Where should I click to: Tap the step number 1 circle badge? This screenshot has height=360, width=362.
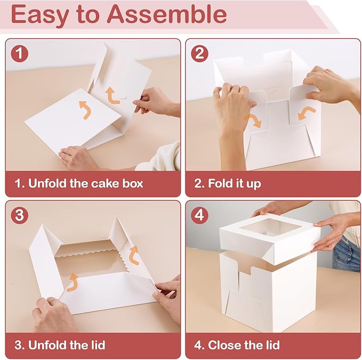(20, 54)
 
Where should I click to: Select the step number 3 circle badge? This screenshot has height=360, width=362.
(20, 216)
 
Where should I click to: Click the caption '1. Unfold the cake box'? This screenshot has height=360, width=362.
(78, 184)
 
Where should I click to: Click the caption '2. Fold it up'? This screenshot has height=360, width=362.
(228, 184)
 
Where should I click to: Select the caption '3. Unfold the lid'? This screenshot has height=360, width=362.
(60, 345)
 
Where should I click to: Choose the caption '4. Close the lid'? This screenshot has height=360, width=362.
(237, 345)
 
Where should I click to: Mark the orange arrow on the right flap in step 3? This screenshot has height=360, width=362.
(134, 254)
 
